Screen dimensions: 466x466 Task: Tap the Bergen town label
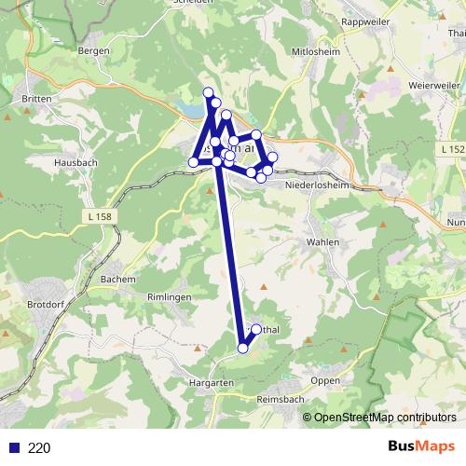(96, 51)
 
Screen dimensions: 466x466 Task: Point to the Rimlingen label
(169, 295)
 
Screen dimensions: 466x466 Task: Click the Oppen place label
(325, 380)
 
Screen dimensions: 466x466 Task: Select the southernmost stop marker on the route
(243, 349)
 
